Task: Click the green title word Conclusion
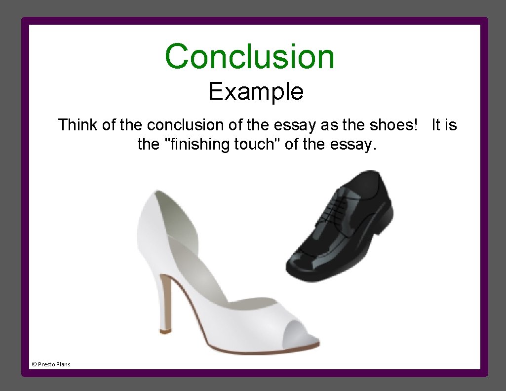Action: pyautogui.click(x=250, y=56)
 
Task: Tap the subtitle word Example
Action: pyautogui.click(x=256, y=91)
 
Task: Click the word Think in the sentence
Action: pyautogui.click(x=78, y=125)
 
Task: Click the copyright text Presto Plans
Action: pyautogui.click(x=51, y=364)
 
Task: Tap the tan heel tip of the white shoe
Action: pyautogui.click(x=165, y=327)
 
